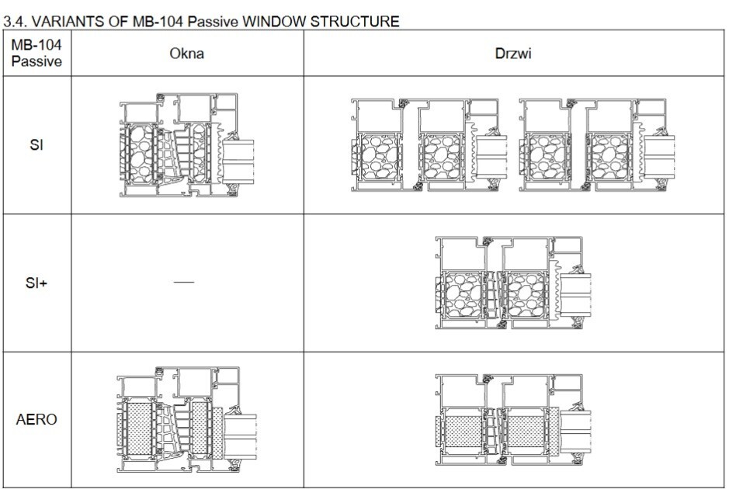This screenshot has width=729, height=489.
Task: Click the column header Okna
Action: [x=186, y=54]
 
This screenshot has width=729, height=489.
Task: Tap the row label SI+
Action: [x=36, y=283]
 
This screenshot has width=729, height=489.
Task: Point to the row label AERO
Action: [x=36, y=420]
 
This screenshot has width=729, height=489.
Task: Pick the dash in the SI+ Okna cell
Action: [x=185, y=283]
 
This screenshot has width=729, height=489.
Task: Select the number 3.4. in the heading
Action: [x=14, y=22]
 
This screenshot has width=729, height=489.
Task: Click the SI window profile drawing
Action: [x=186, y=146]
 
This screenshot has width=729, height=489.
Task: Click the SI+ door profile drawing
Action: [x=512, y=283]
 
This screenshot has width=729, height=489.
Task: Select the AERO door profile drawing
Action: [x=512, y=423]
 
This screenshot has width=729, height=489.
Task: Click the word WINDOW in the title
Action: [x=274, y=22]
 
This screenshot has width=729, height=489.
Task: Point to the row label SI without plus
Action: [x=36, y=146]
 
